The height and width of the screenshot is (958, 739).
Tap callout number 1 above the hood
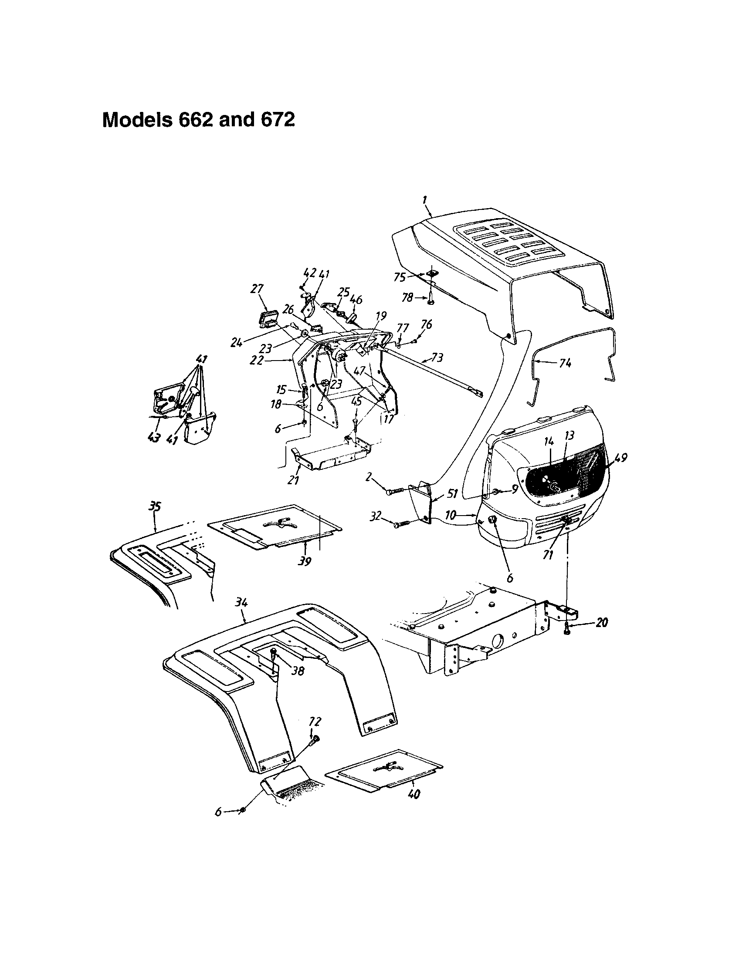click(425, 200)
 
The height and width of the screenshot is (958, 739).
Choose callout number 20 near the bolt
click(602, 622)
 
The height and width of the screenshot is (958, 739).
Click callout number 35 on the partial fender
click(155, 507)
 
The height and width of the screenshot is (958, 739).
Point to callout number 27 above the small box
click(258, 289)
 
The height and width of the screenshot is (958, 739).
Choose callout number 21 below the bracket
click(293, 480)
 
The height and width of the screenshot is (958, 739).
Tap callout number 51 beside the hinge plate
click(452, 493)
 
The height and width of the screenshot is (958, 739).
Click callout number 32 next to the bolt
click(375, 517)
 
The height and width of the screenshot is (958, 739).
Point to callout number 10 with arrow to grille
click(451, 516)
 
